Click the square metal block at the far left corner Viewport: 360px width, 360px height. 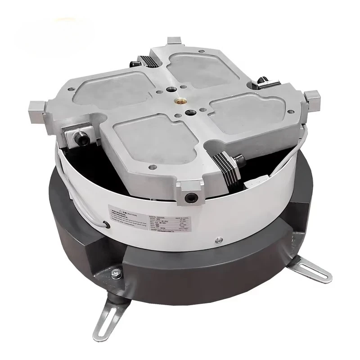click(36, 109)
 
